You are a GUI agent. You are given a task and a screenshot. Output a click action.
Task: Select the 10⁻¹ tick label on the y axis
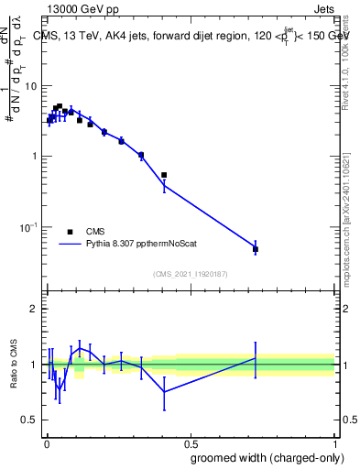(30, 226)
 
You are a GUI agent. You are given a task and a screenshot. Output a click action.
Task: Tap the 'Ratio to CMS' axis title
(14, 365)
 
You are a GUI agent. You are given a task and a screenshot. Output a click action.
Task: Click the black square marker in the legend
(70, 232)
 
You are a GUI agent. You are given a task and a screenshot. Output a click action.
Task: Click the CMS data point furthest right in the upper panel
(256, 249)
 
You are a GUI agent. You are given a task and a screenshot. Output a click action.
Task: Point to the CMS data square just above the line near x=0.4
(164, 175)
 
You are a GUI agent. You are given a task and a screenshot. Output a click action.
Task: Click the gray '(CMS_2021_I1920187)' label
(190, 273)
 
